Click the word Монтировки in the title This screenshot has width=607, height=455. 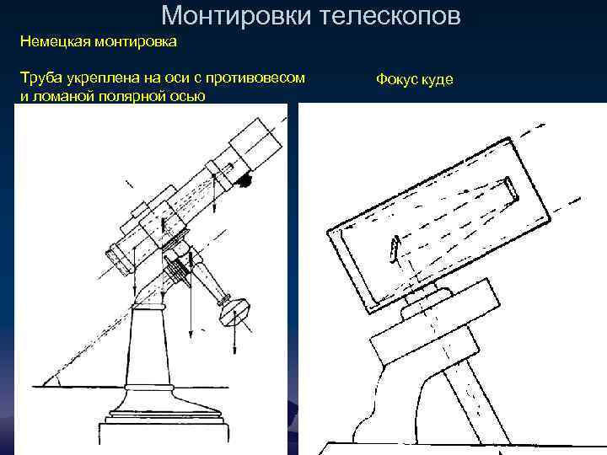pos(236,15)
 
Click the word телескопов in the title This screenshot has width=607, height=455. pos(390,16)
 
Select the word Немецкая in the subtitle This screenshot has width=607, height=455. pos(56,41)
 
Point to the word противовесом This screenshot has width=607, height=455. pos(255,78)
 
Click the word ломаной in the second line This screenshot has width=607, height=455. pos(63,96)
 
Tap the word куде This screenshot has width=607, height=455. pos(437,80)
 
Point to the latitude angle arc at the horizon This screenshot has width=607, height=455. pos(58,380)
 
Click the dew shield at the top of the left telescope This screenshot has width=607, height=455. pos(256,144)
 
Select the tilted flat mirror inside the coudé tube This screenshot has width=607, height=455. pos(394,249)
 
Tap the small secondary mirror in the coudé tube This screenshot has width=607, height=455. pos(511,190)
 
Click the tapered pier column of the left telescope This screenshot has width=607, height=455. pos(148,345)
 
